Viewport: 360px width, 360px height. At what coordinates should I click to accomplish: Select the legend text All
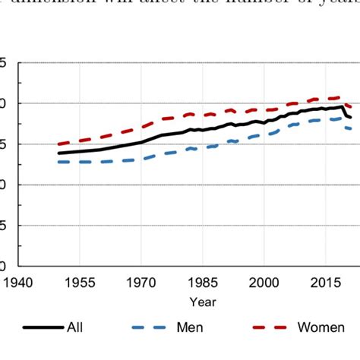(74, 327)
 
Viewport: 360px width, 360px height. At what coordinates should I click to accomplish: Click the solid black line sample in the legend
(42, 327)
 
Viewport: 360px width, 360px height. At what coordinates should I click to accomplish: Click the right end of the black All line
(351, 118)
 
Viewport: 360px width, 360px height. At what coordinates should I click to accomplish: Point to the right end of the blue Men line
(351, 129)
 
